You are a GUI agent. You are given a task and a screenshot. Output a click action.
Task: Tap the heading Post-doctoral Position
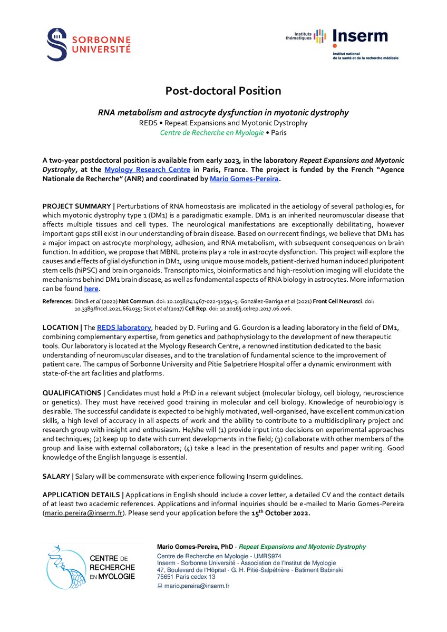pyautogui.click(x=223, y=91)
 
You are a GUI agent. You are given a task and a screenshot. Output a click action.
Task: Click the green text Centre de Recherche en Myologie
pyautogui.click(x=212, y=133)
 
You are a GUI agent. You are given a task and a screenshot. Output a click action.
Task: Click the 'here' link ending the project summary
pyautogui.click(x=91, y=289)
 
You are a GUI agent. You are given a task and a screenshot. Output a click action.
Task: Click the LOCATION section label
pyautogui.click(x=60, y=328)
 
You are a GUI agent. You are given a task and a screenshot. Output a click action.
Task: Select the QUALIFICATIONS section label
pyautogui.click(x=72, y=392)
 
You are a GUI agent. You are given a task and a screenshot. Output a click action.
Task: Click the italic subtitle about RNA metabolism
pyautogui.click(x=223, y=113)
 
